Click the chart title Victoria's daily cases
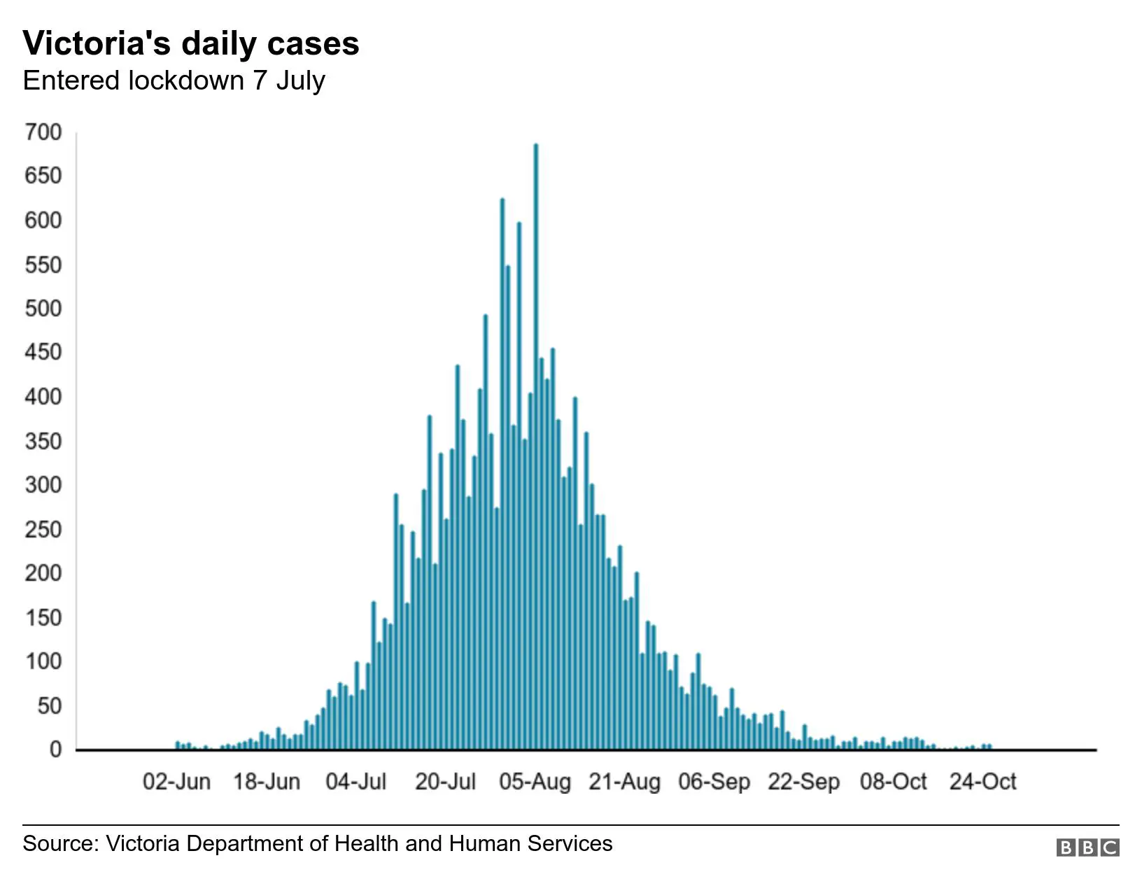click(x=191, y=43)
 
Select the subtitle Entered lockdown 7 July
click(x=174, y=80)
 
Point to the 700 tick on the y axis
click(x=43, y=132)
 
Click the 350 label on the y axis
click(x=43, y=441)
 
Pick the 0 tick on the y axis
click(x=55, y=750)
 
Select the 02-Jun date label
click(x=176, y=782)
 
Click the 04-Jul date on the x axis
click(x=355, y=782)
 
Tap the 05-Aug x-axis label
click(x=535, y=782)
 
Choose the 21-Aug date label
click(x=624, y=782)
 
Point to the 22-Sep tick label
click(x=803, y=782)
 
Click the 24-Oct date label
click(x=982, y=782)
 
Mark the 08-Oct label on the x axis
click(x=893, y=782)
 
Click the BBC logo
click(x=1087, y=848)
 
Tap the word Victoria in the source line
click(x=143, y=843)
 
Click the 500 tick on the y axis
click(x=43, y=309)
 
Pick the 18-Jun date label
click(x=266, y=782)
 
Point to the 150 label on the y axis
click(x=43, y=617)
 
